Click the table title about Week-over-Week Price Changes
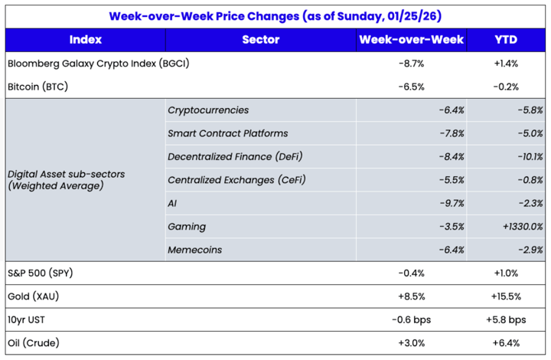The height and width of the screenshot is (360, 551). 275,15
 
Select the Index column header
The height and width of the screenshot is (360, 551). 84,40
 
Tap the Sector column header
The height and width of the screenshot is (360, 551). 260,40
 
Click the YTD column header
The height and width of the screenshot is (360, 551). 507,40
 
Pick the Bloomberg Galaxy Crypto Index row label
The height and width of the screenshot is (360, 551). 97,64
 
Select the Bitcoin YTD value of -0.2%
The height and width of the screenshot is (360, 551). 507,87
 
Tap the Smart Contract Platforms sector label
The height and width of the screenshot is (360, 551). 227,133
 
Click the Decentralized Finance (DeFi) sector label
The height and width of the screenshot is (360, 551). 235,156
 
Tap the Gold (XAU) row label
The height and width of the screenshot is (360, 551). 35,296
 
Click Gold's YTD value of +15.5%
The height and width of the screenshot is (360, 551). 507,296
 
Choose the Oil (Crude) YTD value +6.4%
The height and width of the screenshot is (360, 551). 507,342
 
